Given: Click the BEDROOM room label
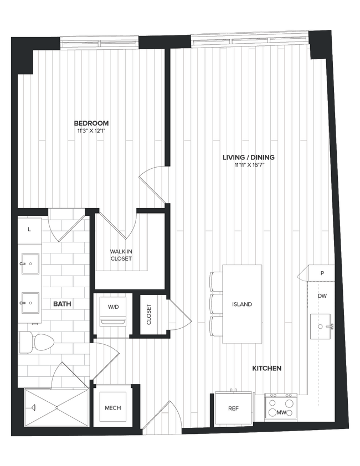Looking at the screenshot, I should pyautogui.click(x=91, y=123).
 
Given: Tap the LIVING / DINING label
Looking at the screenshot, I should pyautogui.click(x=248, y=157).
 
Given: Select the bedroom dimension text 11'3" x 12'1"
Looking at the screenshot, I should pyautogui.click(x=91, y=131).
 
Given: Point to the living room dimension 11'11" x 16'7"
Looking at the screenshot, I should pyautogui.click(x=248, y=165).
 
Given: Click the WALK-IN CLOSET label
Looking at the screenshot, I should pyautogui.click(x=121, y=255).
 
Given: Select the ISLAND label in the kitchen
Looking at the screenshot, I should pyautogui.click(x=242, y=304).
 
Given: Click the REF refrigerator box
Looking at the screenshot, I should pyautogui.click(x=233, y=408).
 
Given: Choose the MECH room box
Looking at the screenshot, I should pyautogui.click(x=112, y=408).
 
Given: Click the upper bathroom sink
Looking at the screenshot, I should pyautogui.click(x=30, y=263).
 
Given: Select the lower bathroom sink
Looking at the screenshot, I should pyautogui.click(x=30, y=303).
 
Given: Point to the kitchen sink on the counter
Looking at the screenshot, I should pyautogui.click(x=321, y=326).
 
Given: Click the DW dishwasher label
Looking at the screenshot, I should pyautogui.click(x=322, y=296).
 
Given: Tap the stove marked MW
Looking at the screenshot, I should pyautogui.click(x=280, y=407).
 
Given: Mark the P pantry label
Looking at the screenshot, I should pyautogui.click(x=322, y=273).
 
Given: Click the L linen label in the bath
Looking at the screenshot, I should pyautogui.click(x=29, y=228).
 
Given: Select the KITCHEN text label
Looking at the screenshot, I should pyautogui.click(x=267, y=368).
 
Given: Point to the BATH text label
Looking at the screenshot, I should pyautogui.click(x=62, y=304).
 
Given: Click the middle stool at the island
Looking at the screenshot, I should pyautogui.click(x=215, y=304).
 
